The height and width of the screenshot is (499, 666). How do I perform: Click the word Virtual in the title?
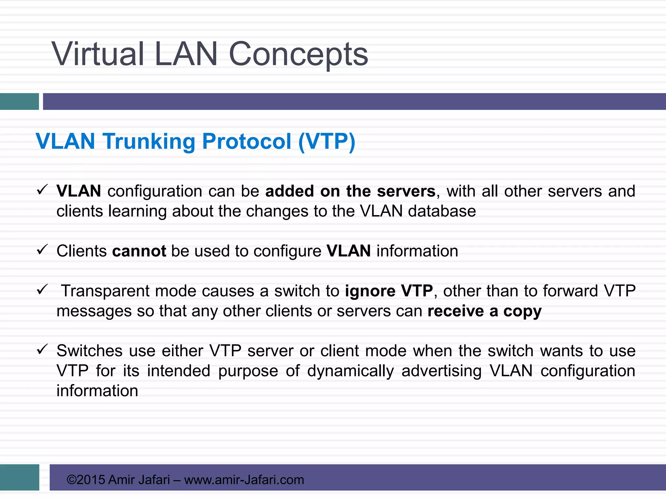click(x=98, y=54)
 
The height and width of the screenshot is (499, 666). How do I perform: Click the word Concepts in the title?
click(x=298, y=55)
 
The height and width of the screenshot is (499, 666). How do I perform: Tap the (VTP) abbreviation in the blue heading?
click(x=326, y=142)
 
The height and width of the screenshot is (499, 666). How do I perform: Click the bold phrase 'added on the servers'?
click(x=350, y=191)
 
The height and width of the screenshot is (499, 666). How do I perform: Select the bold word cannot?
click(x=139, y=251)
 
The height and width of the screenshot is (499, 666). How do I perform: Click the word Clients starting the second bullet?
click(x=82, y=251)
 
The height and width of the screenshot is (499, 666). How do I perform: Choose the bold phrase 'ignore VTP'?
click(x=389, y=291)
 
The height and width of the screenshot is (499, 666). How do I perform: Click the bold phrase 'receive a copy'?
click(x=484, y=311)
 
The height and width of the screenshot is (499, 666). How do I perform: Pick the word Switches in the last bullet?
click(x=89, y=351)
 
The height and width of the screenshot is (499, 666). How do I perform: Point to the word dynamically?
click(x=351, y=371)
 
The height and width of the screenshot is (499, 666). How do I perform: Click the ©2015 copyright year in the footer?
click(x=86, y=480)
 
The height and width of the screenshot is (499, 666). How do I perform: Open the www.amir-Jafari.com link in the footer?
click(x=244, y=480)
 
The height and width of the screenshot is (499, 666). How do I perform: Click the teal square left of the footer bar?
click(x=20, y=477)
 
